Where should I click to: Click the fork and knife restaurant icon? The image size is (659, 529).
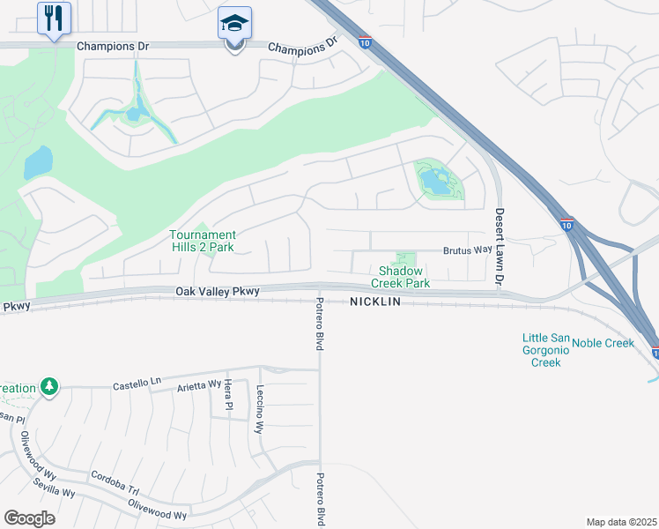(x=54, y=17)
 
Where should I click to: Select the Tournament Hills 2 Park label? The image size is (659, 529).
(x=203, y=241)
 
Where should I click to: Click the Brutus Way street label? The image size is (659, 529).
(x=467, y=250)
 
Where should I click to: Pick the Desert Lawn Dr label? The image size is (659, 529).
(x=499, y=246)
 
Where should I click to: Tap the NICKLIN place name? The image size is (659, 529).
(x=375, y=302)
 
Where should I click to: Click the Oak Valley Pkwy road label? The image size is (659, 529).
(x=217, y=292)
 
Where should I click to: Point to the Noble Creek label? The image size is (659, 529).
(x=603, y=343)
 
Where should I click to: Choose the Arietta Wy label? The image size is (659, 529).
(x=198, y=384)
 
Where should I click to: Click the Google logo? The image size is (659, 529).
(x=29, y=518)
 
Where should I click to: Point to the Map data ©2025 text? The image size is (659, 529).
(x=621, y=522)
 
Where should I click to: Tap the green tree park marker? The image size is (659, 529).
(x=50, y=386)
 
